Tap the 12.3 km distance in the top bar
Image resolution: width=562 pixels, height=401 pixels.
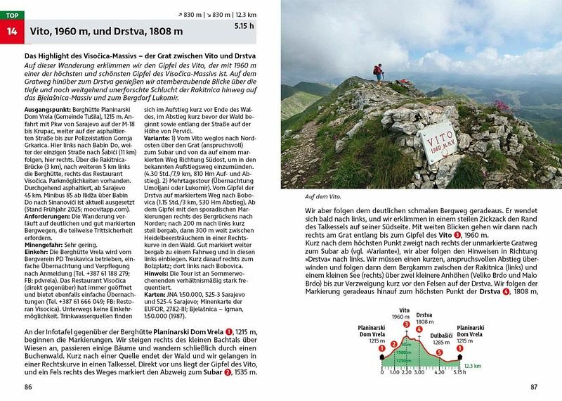[x=258, y=14]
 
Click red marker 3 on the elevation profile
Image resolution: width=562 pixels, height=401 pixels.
[x=406, y=323]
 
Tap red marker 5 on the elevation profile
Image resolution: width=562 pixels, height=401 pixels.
[x=438, y=352]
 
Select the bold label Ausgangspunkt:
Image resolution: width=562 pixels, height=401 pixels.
[x=44, y=112]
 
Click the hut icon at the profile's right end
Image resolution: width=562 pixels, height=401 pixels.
[x=459, y=357]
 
